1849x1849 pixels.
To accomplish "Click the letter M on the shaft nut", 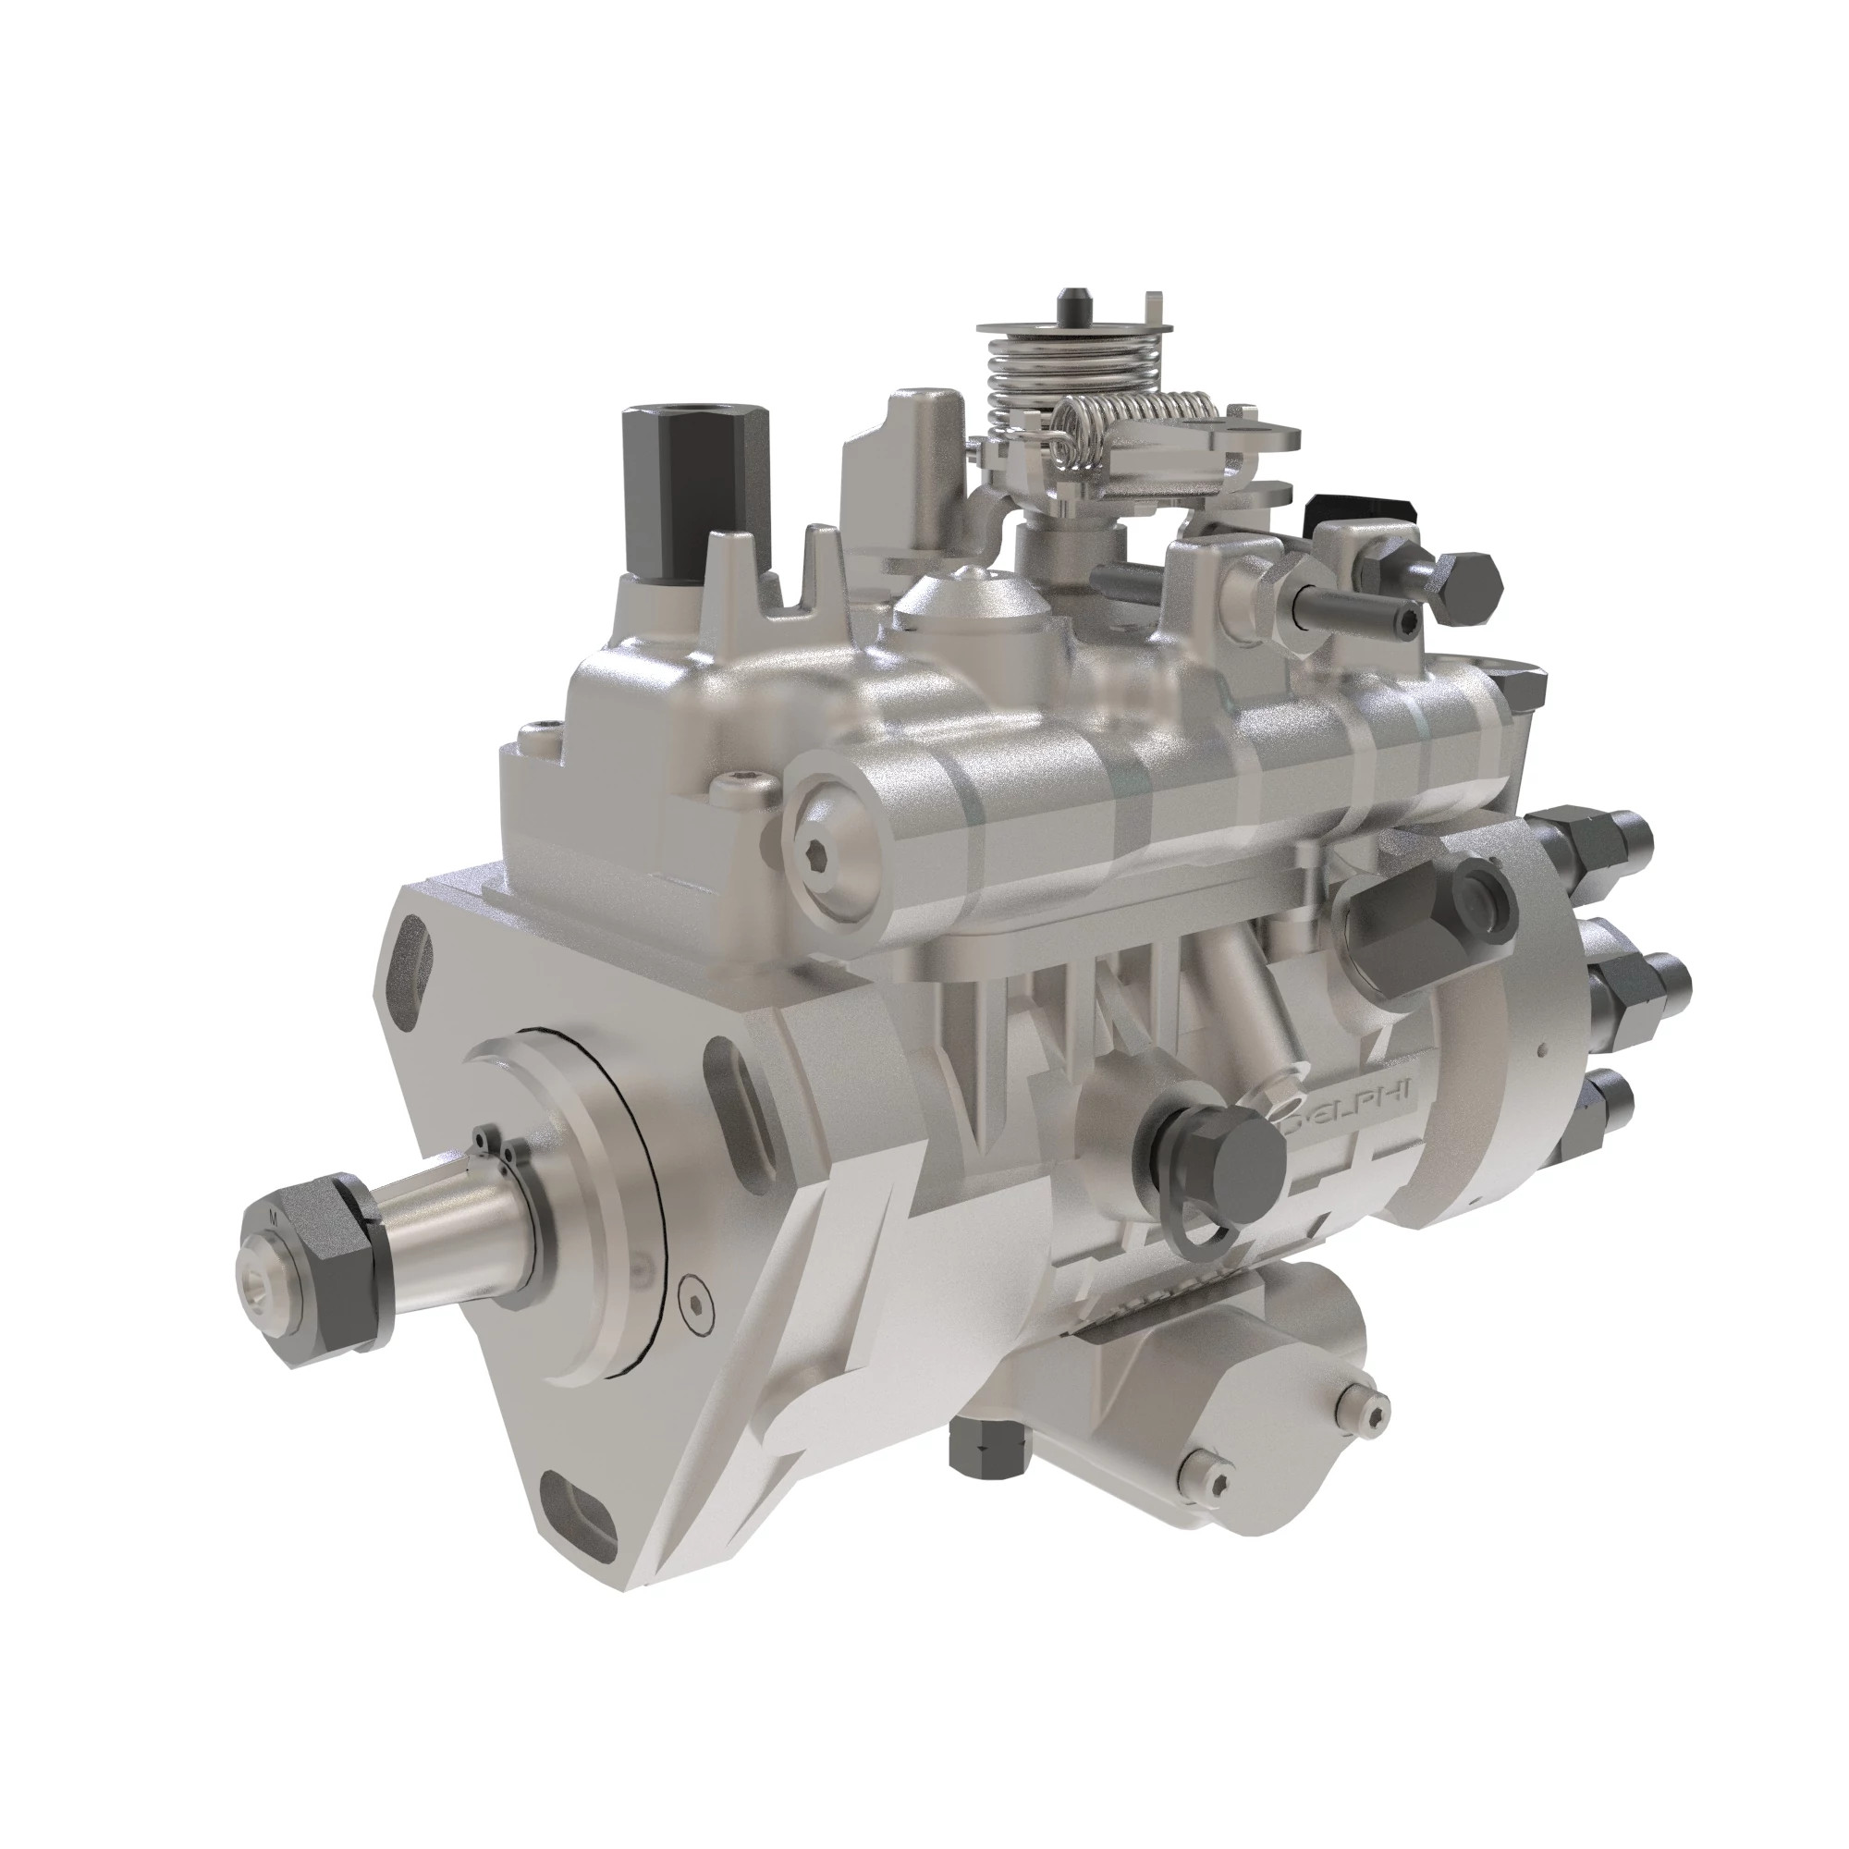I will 274,1218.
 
